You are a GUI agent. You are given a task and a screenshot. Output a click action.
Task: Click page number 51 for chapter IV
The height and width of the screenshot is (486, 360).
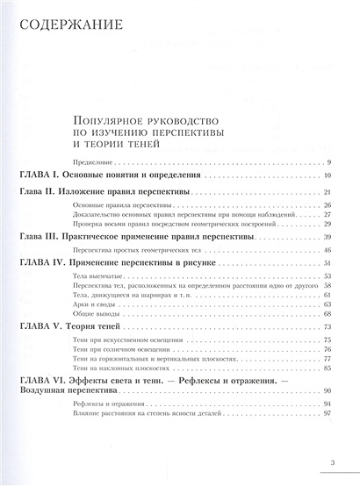coord(326,263)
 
